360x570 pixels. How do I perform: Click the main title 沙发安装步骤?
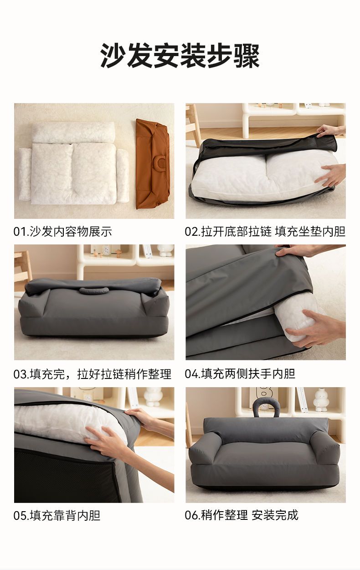point(180,56)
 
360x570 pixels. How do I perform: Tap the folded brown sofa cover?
point(153,164)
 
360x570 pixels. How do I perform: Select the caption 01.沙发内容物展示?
point(62,232)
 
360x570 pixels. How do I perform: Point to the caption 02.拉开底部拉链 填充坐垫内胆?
point(265,232)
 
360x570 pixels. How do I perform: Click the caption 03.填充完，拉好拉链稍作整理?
point(93,374)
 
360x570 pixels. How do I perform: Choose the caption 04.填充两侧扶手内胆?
point(240,374)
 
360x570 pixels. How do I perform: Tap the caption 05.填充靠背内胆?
point(57,515)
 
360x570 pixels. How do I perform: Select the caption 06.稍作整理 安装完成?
point(242,515)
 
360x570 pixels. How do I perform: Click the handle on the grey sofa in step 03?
point(93,290)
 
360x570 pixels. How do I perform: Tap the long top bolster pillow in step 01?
point(74,132)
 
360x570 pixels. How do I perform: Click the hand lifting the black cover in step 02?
point(331,131)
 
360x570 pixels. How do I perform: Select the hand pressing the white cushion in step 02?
point(330,174)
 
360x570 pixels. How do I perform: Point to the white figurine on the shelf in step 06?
point(321,400)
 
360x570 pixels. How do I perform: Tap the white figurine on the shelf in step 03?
point(165,251)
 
